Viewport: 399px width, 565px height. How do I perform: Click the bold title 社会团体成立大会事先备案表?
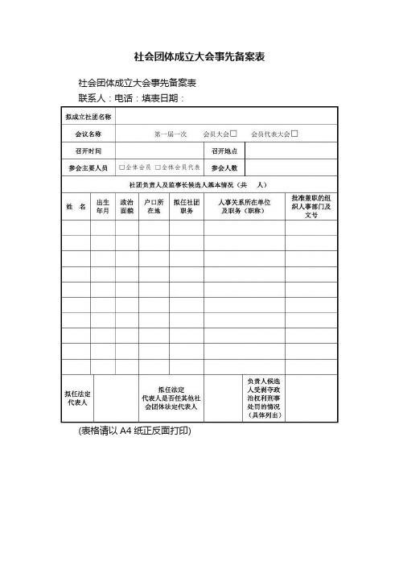tap(199, 57)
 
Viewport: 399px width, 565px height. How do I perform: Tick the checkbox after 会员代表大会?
tap(295, 133)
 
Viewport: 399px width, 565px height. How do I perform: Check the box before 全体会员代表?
tap(158, 167)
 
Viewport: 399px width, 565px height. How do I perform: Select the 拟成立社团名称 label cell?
tap(88, 117)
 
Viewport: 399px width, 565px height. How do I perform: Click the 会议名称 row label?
tap(88, 134)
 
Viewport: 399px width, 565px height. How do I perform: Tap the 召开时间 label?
tap(88, 151)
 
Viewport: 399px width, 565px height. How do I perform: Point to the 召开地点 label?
tap(224, 151)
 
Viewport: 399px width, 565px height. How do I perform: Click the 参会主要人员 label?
tap(88, 167)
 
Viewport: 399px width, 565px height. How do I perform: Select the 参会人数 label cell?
tap(224, 167)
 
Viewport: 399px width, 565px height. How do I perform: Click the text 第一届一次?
tap(171, 134)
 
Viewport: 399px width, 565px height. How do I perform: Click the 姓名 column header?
tap(76, 206)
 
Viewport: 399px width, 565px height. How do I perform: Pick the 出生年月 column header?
tap(103, 206)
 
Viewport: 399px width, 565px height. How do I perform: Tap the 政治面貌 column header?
tap(126, 206)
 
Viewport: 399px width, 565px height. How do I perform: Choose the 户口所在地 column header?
tap(154, 206)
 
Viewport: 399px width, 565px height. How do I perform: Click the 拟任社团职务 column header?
tap(187, 206)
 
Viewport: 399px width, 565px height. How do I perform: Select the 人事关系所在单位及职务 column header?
tap(245, 206)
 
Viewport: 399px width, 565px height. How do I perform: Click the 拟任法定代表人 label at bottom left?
tap(77, 397)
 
